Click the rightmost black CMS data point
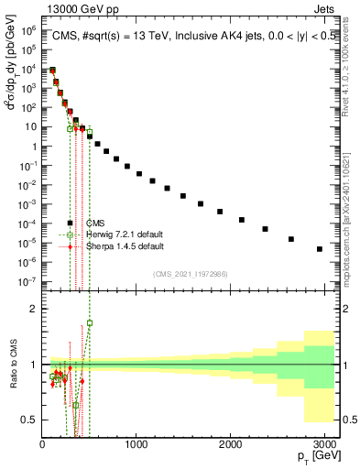click(320, 248)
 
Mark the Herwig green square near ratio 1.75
click(90, 322)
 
